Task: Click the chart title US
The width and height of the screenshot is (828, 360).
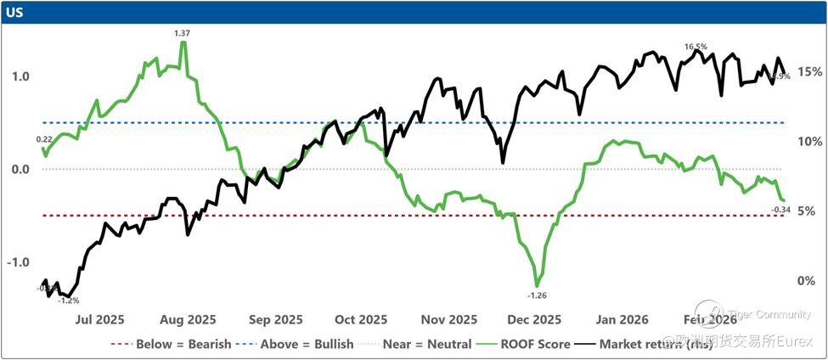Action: coord(15,13)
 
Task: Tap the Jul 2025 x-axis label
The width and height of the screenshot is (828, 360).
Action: coord(99,320)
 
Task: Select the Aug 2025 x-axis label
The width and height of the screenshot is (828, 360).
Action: coord(189,320)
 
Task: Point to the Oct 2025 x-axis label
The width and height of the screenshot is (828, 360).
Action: coord(360,320)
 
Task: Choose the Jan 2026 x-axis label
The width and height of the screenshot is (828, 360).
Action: coord(622,320)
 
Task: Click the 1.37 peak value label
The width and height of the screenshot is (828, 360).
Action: coord(182,32)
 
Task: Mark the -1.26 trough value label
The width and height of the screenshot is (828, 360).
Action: coord(537,295)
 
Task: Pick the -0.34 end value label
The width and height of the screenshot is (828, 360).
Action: coord(780,209)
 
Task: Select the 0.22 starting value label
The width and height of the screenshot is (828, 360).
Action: coord(45,138)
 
